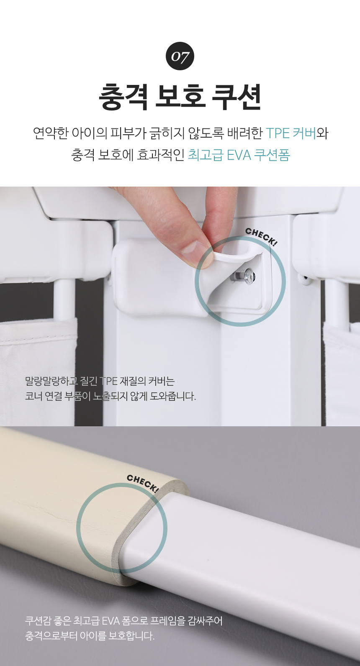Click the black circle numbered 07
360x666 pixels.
point(180,56)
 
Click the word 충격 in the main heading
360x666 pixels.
point(123,97)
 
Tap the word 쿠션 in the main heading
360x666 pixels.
point(236,97)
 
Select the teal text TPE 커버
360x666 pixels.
point(291,133)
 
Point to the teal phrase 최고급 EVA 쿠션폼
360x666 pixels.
point(239,155)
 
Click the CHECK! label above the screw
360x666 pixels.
point(261,236)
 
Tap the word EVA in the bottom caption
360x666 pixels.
point(111,621)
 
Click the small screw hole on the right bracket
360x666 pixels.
point(304,278)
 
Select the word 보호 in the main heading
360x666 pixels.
point(180,97)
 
